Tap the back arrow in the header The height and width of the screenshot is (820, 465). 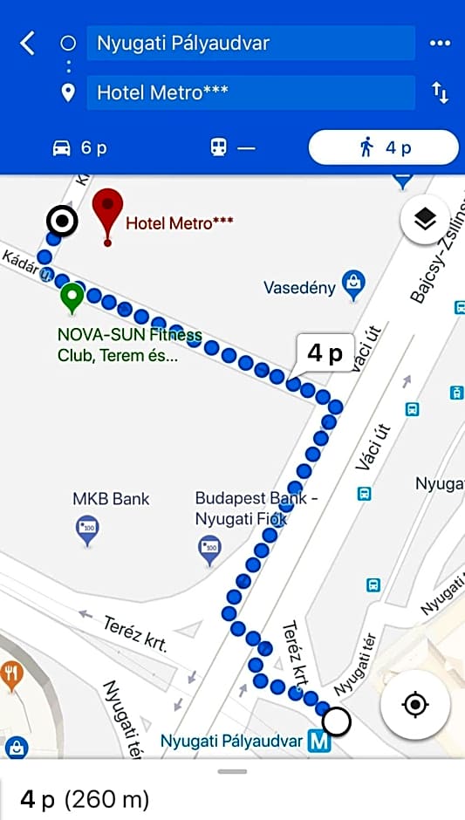[28, 43]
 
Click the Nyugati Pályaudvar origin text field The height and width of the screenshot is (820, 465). [250, 43]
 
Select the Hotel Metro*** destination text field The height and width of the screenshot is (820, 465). [250, 92]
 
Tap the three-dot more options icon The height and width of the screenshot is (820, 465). [440, 43]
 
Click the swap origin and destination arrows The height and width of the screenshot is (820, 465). [441, 92]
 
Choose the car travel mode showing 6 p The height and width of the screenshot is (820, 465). [79, 147]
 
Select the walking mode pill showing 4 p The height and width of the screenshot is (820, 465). [383, 147]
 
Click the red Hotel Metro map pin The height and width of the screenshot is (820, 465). [107, 213]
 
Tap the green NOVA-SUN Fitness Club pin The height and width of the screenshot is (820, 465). [72, 299]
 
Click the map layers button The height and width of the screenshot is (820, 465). [425, 220]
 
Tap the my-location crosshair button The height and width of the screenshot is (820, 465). [414, 703]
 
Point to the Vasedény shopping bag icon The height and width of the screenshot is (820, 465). [353, 283]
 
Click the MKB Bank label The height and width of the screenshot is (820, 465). [111, 499]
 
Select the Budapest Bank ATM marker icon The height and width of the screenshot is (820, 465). [209, 549]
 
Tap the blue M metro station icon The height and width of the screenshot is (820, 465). [319, 742]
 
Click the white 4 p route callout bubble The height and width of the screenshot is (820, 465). [325, 353]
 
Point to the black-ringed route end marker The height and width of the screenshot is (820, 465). [63, 222]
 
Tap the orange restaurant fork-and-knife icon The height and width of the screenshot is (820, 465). [12, 673]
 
